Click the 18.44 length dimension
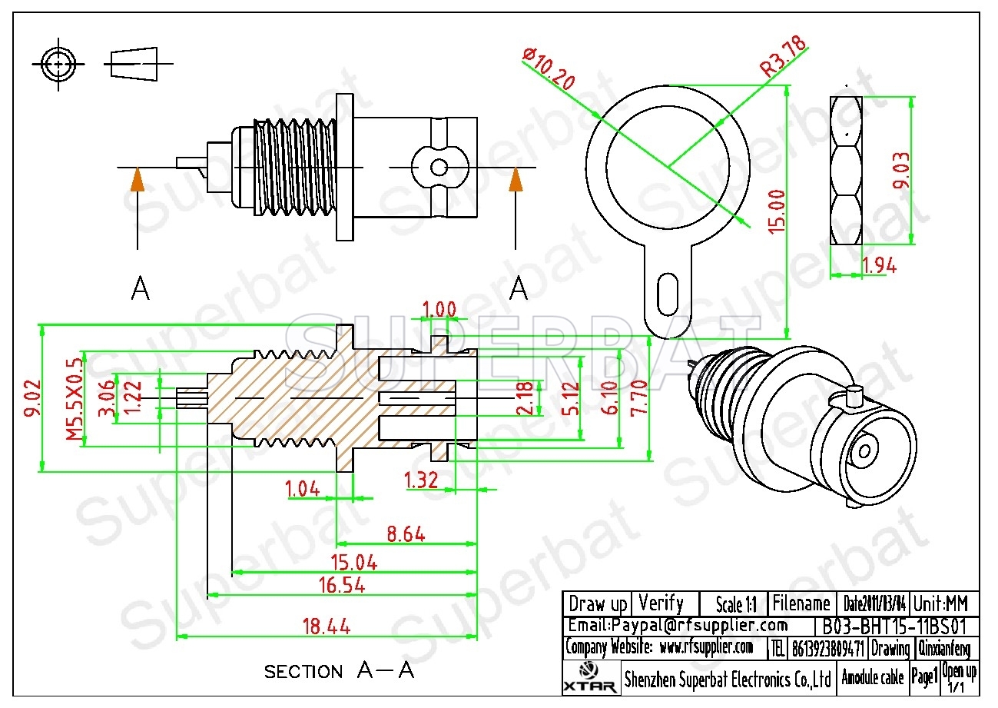326,627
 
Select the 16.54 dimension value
341,586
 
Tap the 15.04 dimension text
353,563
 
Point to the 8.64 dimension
406,533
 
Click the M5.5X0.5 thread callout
74,398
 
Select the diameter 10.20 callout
548,69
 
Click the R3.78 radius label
783,55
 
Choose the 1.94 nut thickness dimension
880,266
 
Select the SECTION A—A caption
339,671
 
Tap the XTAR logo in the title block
589,678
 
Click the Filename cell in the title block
801,603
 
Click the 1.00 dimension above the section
439,310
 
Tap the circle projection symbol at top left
57,62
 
